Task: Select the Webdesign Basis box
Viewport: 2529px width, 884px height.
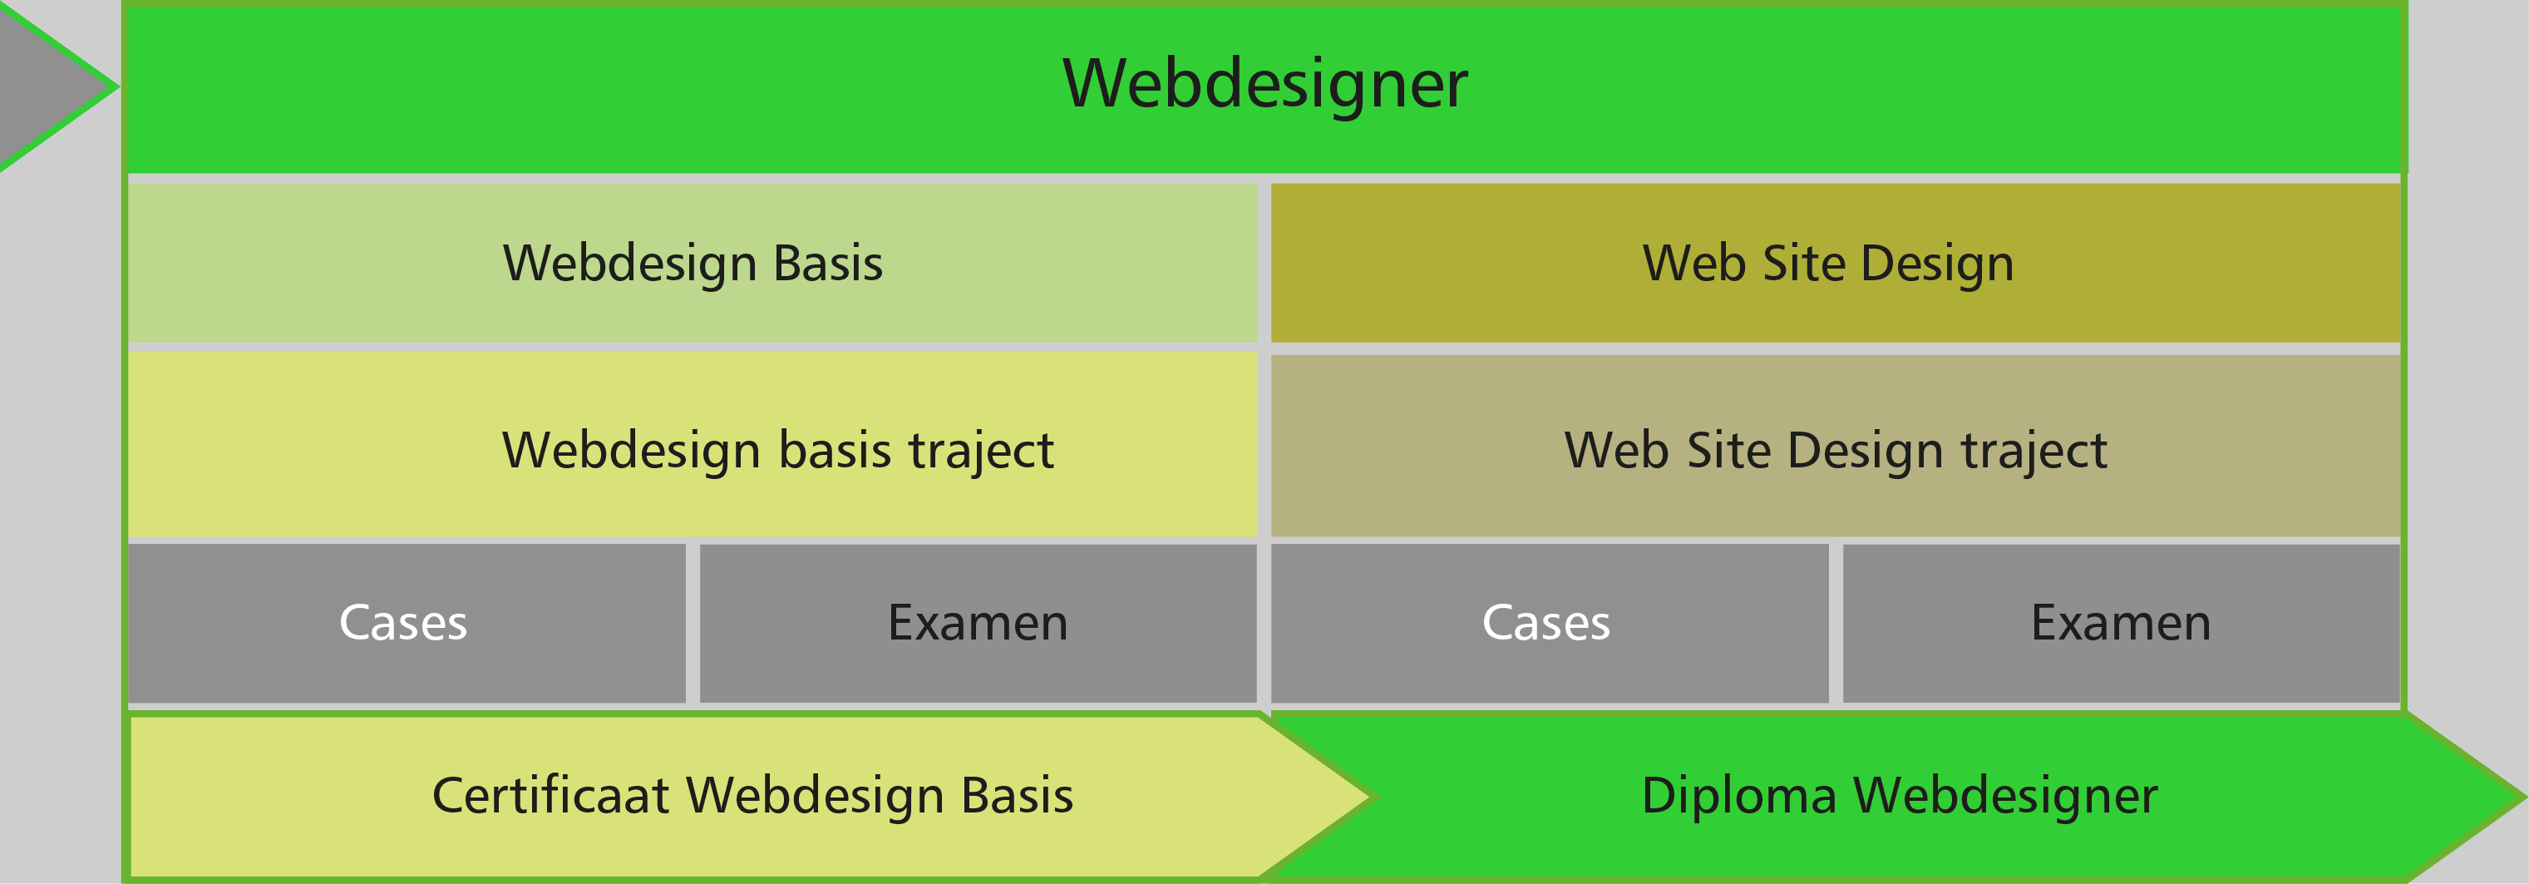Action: [693, 264]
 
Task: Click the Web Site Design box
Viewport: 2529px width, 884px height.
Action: [1834, 264]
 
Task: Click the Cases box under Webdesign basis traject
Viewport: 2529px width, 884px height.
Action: [405, 623]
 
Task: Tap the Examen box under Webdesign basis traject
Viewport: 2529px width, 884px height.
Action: [978, 623]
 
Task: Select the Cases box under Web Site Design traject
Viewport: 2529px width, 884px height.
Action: [1547, 623]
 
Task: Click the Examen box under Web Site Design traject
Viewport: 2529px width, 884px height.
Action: [2121, 623]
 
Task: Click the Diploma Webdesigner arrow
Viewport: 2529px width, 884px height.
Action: [1900, 796]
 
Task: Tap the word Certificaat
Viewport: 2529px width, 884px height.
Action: [550, 796]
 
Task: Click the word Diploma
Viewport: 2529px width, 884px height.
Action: [1738, 796]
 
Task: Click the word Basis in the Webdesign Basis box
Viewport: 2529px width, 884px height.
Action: [827, 264]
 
